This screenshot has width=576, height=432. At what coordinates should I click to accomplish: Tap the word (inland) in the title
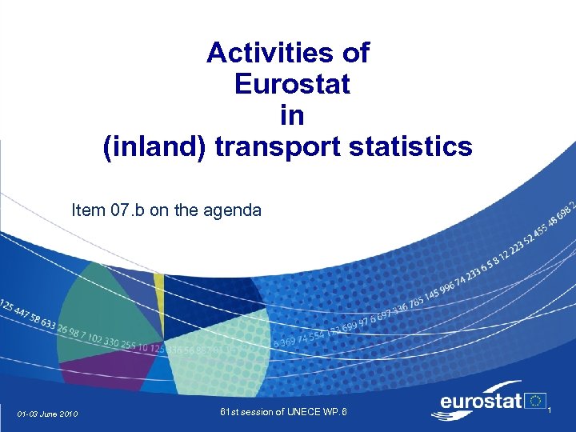click(154, 146)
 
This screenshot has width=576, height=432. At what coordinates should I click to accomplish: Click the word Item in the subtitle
click(87, 210)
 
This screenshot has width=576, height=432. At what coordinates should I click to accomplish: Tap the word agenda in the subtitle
click(231, 210)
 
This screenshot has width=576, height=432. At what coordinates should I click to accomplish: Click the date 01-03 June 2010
click(47, 414)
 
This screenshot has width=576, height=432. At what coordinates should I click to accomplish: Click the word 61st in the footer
click(231, 413)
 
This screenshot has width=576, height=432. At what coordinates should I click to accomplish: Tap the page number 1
click(558, 410)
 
